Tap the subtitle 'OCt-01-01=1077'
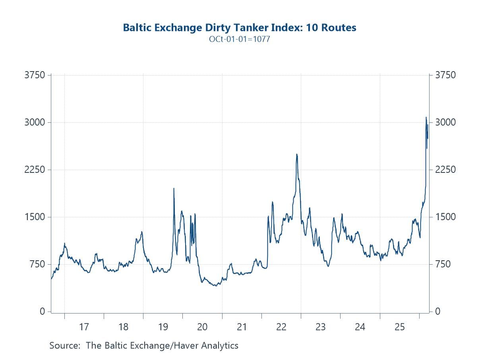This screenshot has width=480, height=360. [240, 39]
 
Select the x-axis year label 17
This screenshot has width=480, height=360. [84, 327]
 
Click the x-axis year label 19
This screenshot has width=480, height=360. [163, 327]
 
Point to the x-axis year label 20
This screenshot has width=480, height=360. [202, 327]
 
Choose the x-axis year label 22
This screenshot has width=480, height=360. [281, 327]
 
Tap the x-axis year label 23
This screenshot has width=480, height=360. [321, 327]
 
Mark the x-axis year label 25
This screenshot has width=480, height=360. [399, 327]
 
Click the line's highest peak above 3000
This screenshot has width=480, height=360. [426, 117]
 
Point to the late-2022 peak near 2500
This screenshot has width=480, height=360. [296, 154]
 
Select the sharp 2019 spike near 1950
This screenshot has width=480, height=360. [174, 188]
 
